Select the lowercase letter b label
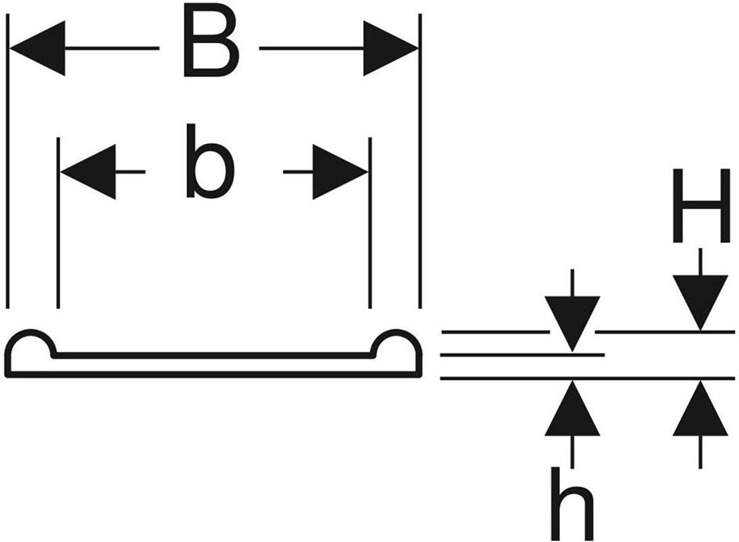210,162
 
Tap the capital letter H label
701,205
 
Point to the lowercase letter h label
572,504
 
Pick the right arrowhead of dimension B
390,48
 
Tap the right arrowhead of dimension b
340,172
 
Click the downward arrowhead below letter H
701,303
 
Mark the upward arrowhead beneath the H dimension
701,408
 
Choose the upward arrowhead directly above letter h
572,408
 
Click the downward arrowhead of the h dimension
572,324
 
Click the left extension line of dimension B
8,161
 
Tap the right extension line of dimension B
420,161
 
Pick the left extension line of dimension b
58,223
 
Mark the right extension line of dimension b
371,223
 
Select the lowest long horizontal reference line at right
588,378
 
